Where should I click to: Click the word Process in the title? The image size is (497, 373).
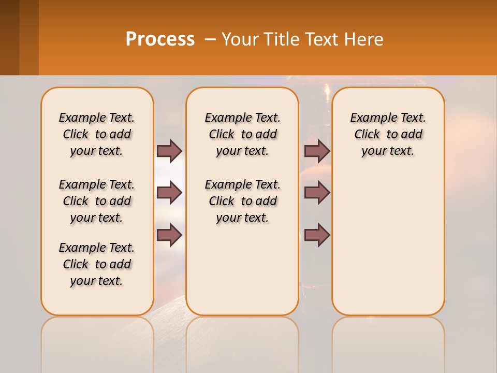click(x=160, y=39)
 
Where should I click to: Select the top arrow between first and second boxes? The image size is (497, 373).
click(x=169, y=151)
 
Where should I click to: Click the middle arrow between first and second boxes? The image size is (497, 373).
click(x=169, y=193)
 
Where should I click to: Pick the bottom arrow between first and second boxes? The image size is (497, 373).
click(x=169, y=235)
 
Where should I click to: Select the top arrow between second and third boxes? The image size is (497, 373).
click(x=317, y=151)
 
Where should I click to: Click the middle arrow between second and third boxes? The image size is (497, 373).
click(x=317, y=193)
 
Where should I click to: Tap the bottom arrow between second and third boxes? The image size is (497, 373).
click(x=317, y=235)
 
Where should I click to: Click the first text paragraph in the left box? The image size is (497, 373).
click(x=97, y=134)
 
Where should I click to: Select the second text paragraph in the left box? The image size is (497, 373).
click(x=97, y=201)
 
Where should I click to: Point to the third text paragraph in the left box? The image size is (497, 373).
click(x=97, y=264)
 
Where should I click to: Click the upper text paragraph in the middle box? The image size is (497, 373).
click(x=243, y=134)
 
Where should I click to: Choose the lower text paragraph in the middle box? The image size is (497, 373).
click(x=243, y=201)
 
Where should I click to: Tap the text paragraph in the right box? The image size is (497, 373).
click(x=388, y=134)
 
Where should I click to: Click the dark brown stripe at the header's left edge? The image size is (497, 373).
click(x=9, y=37)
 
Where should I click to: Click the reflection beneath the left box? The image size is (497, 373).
click(x=97, y=342)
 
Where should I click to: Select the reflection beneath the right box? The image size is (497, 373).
click(x=388, y=342)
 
